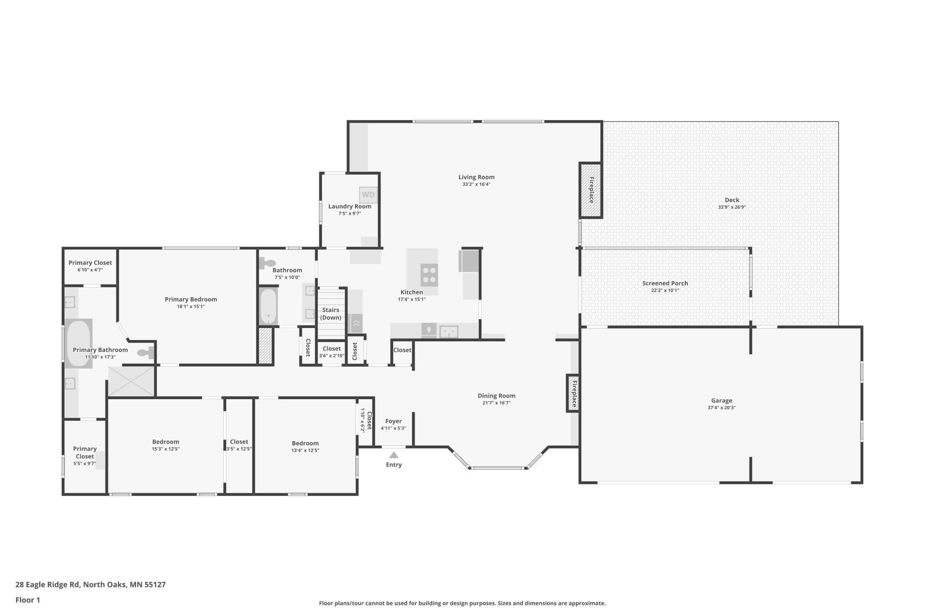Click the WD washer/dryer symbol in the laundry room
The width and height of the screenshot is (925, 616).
(x=368, y=195)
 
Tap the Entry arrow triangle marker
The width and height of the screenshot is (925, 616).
(x=394, y=455)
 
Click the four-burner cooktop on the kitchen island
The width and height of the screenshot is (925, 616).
(x=429, y=275)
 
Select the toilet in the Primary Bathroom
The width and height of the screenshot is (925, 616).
(x=145, y=353)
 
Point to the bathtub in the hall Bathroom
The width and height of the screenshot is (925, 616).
(x=268, y=307)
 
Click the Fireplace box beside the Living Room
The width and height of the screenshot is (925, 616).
(x=591, y=190)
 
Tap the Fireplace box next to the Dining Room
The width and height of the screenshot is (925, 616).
(x=573, y=393)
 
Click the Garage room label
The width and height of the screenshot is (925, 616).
(x=721, y=400)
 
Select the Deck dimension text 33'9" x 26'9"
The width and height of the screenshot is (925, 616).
(x=732, y=207)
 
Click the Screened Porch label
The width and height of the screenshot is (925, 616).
(x=665, y=283)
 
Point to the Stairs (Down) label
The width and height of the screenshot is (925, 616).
(x=331, y=314)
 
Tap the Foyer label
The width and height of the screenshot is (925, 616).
(x=394, y=421)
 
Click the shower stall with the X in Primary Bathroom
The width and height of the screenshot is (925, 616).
(x=131, y=381)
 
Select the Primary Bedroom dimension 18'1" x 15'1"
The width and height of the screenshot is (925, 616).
(x=191, y=306)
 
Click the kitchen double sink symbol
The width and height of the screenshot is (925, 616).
(x=449, y=332)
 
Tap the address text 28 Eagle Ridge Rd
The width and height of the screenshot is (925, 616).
(x=48, y=584)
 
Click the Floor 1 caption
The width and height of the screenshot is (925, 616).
(x=28, y=600)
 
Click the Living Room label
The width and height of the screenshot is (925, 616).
(x=476, y=177)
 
